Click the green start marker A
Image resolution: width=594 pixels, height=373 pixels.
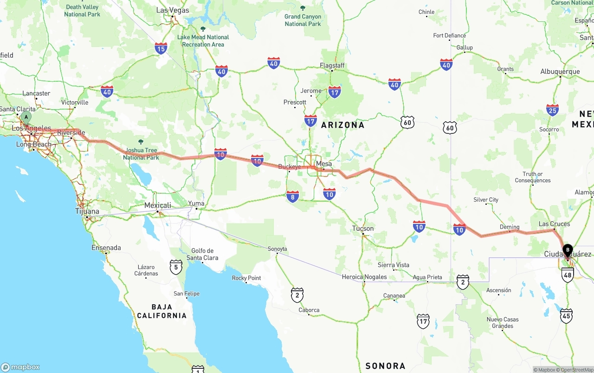26,117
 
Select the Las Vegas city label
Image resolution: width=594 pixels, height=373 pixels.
173,10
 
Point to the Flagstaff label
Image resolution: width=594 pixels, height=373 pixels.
332,65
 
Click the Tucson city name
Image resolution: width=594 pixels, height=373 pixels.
363,229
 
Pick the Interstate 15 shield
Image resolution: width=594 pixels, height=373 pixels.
161,48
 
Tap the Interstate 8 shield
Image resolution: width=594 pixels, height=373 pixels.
293,197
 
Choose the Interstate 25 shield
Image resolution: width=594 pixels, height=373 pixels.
552,110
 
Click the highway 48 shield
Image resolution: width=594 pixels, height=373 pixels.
567,275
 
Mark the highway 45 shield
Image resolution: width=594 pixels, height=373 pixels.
566,316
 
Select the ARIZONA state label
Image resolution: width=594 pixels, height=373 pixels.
343,125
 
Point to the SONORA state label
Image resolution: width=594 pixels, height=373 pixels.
385,366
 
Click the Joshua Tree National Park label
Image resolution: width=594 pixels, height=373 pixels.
141,154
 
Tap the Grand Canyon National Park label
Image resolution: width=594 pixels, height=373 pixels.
303,20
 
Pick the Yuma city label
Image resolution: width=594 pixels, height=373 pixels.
196,203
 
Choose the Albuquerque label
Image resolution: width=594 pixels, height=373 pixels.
560,72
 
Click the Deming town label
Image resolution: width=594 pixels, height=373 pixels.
509,227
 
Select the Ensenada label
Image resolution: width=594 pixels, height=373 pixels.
106,248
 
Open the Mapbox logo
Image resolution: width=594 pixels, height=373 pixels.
20,367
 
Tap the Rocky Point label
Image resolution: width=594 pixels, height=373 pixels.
246,278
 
